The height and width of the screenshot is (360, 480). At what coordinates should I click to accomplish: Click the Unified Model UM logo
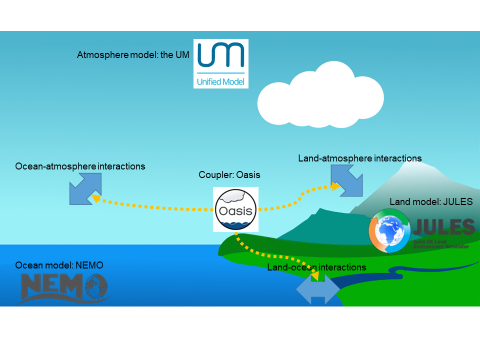coord(221,62)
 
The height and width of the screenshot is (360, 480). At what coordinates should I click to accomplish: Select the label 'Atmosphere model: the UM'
coord(133,54)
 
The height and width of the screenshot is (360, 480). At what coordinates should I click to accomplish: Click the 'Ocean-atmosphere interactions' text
coord(80,165)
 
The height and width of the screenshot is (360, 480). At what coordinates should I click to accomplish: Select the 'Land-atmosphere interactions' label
coord(360,158)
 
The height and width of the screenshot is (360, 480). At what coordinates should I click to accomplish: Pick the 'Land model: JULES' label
coord(430,202)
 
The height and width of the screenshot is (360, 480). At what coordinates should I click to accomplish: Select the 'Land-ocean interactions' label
coord(315,267)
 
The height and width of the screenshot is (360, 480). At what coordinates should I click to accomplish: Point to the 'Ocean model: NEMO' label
coord(59,264)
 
